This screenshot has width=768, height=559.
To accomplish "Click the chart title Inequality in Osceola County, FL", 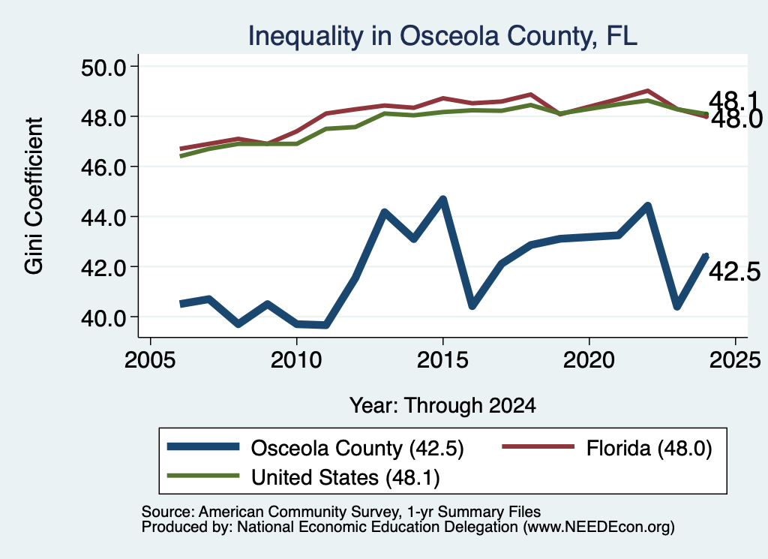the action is click(x=442, y=36).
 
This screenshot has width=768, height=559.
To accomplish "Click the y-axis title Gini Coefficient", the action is click(x=34, y=196).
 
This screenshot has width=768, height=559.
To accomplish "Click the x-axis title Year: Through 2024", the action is click(x=442, y=406).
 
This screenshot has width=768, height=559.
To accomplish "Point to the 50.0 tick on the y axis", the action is click(x=103, y=67).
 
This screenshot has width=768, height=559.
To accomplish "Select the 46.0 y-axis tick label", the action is click(x=103, y=167).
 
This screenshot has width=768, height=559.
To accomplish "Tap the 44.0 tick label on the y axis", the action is click(x=103, y=217).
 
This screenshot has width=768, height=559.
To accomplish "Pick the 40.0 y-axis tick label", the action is click(x=103, y=317).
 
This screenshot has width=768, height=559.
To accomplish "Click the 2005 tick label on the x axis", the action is click(x=150, y=360).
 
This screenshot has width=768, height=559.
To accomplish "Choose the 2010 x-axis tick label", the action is click(x=296, y=360).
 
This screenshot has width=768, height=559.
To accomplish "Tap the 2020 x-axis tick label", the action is click(x=589, y=360).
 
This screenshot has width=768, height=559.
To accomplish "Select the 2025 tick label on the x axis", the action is click(x=735, y=360).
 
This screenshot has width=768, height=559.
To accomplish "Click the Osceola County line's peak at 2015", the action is click(x=442, y=200).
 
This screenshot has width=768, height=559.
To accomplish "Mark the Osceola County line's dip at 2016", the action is click(x=472, y=305).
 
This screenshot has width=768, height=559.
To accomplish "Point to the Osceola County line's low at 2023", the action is click(x=677, y=305).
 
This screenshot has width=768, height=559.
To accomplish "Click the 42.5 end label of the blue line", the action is click(x=735, y=272).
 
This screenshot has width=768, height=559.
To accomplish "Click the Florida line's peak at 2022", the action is click(x=647, y=91).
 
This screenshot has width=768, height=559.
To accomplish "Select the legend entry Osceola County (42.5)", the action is click(x=316, y=448).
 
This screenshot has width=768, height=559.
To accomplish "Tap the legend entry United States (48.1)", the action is click(x=304, y=477).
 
